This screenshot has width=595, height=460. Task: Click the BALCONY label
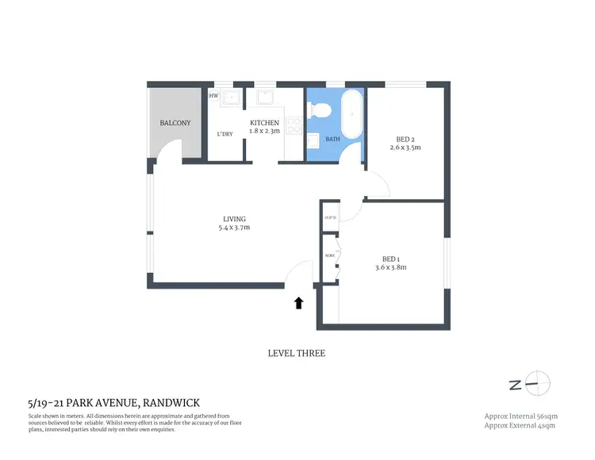click(x=175, y=123)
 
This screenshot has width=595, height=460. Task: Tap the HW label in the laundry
click(x=213, y=96)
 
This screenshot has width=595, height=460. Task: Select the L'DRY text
click(x=225, y=134)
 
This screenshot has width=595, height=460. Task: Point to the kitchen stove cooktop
click(x=293, y=125)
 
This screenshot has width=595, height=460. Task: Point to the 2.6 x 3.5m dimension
click(x=406, y=148)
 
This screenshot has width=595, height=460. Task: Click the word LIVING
click(x=234, y=219)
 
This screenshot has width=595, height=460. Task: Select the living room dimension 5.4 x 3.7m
click(x=234, y=228)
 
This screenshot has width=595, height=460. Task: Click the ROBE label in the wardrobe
click(x=329, y=255)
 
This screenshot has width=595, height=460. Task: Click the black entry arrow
click(x=299, y=302)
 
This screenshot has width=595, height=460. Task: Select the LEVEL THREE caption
click(x=297, y=354)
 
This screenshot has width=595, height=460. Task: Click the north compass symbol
click(x=537, y=384)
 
